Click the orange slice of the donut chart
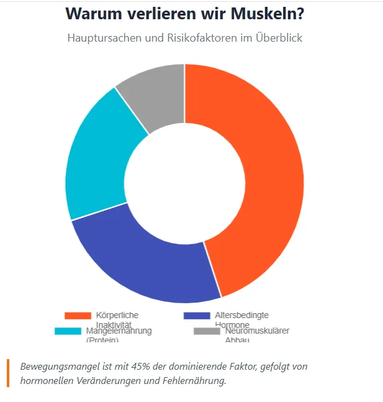[x=261, y=180]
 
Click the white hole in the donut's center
[x=184, y=183]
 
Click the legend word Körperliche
[x=117, y=316]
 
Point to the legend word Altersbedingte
[x=241, y=316]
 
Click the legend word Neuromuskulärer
[x=257, y=331]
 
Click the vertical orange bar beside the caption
[x=9, y=373]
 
